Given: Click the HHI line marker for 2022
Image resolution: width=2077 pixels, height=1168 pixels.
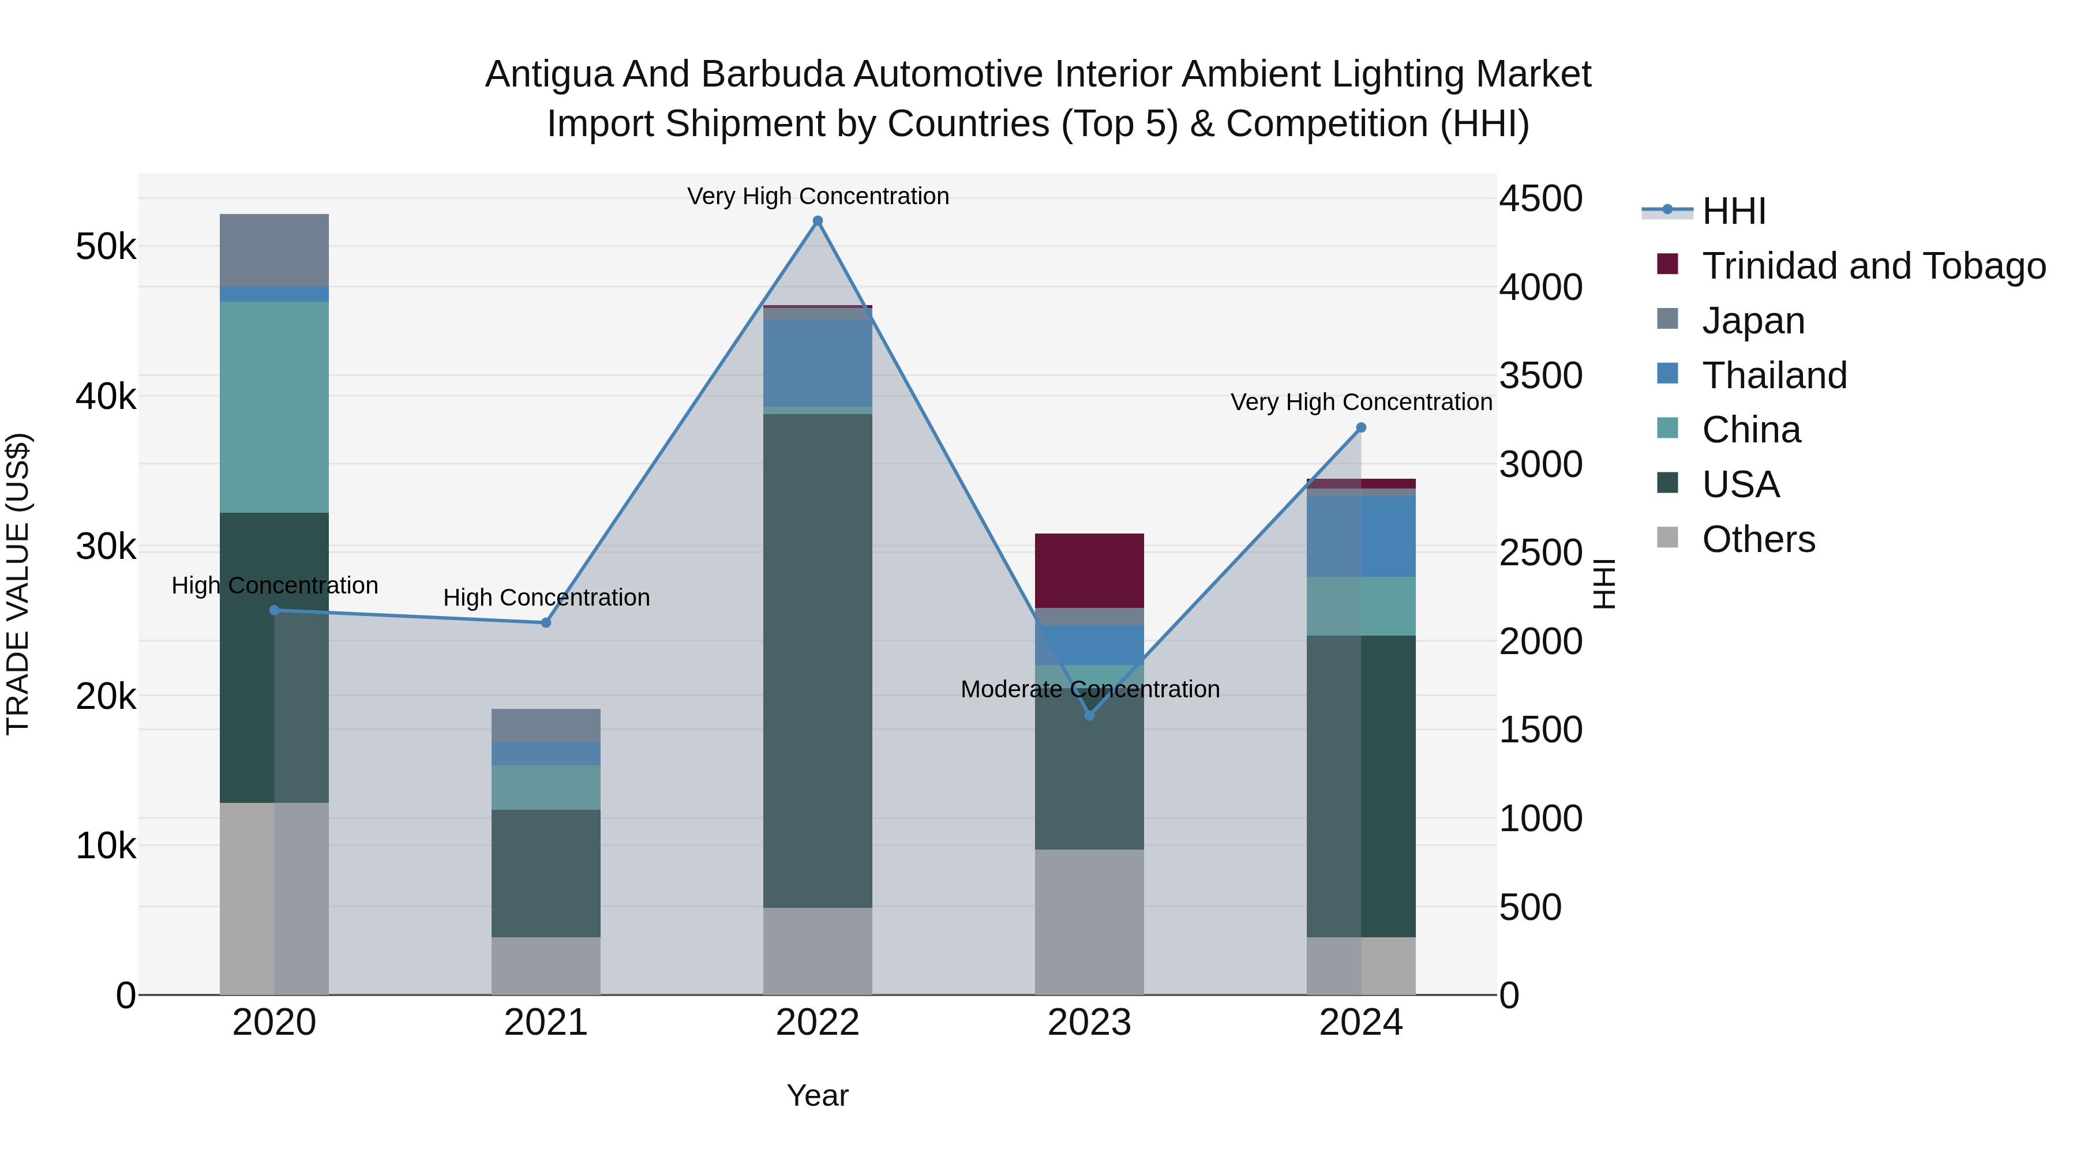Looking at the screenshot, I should pyautogui.click(x=818, y=221).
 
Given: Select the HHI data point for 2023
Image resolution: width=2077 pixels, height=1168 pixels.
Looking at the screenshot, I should pyautogui.click(x=1089, y=715).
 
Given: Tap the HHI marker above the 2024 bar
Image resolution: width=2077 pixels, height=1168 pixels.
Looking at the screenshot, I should pyautogui.click(x=1361, y=428).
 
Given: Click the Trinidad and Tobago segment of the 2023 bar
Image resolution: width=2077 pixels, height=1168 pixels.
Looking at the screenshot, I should pyautogui.click(x=1089, y=570).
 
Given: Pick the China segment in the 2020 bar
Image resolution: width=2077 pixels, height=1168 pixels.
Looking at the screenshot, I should pyautogui.click(x=274, y=407).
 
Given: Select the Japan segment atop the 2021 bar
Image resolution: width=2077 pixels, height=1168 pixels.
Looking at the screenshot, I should pyautogui.click(x=546, y=724).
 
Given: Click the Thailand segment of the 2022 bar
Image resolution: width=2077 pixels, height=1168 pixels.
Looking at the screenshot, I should pyautogui.click(x=818, y=363).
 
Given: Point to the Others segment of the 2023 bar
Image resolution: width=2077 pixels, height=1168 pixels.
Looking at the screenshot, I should pyautogui.click(x=1089, y=921).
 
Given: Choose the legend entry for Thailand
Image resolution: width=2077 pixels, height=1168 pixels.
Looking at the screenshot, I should pyautogui.click(x=1774, y=375).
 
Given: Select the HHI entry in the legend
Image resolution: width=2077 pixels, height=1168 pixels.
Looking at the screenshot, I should pyautogui.click(x=1734, y=211).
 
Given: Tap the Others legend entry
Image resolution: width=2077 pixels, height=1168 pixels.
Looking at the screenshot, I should pyautogui.click(x=1758, y=539).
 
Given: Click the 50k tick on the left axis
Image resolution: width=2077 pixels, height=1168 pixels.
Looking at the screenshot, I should pyautogui.click(x=106, y=247).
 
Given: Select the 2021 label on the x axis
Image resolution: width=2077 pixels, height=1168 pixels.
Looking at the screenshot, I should pyautogui.click(x=546, y=1023).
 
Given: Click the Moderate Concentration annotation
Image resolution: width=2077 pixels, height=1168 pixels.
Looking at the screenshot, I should pyautogui.click(x=1089, y=689).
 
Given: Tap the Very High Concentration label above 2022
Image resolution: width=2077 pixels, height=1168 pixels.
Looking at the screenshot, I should pyautogui.click(x=818, y=196).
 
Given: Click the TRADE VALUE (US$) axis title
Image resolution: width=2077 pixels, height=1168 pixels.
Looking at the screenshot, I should pyautogui.click(x=18, y=584).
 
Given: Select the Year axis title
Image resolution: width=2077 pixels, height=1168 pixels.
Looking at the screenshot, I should pyautogui.click(x=818, y=1095).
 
